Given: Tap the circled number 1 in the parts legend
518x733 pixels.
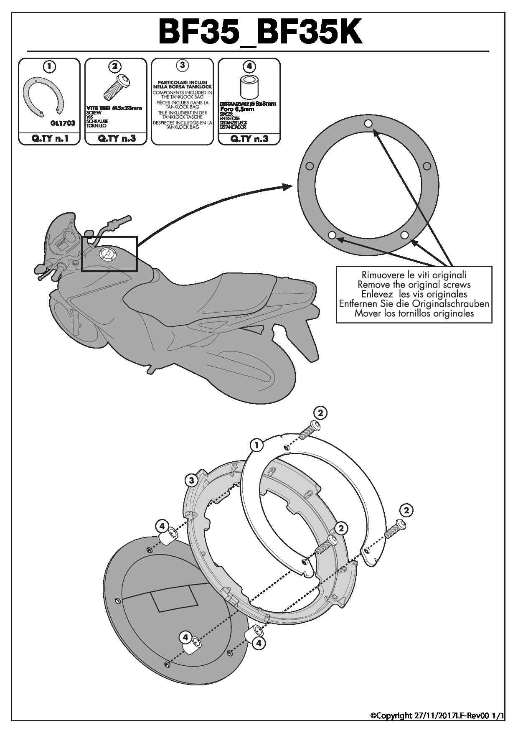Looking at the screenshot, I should [49, 66].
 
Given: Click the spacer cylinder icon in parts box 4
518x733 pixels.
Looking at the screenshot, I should [249, 87].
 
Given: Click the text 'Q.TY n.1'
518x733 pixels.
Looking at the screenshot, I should [49, 139].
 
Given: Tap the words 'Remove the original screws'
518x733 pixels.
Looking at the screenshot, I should [414, 285].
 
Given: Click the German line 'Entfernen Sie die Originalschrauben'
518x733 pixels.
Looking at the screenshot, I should [414, 304].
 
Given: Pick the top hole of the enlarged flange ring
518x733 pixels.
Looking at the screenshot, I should [368, 124].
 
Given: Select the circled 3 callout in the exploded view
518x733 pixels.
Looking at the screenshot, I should [191, 480].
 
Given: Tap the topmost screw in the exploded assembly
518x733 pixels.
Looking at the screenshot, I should [310, 429].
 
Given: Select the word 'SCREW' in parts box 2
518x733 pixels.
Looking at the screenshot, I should [94, 113].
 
